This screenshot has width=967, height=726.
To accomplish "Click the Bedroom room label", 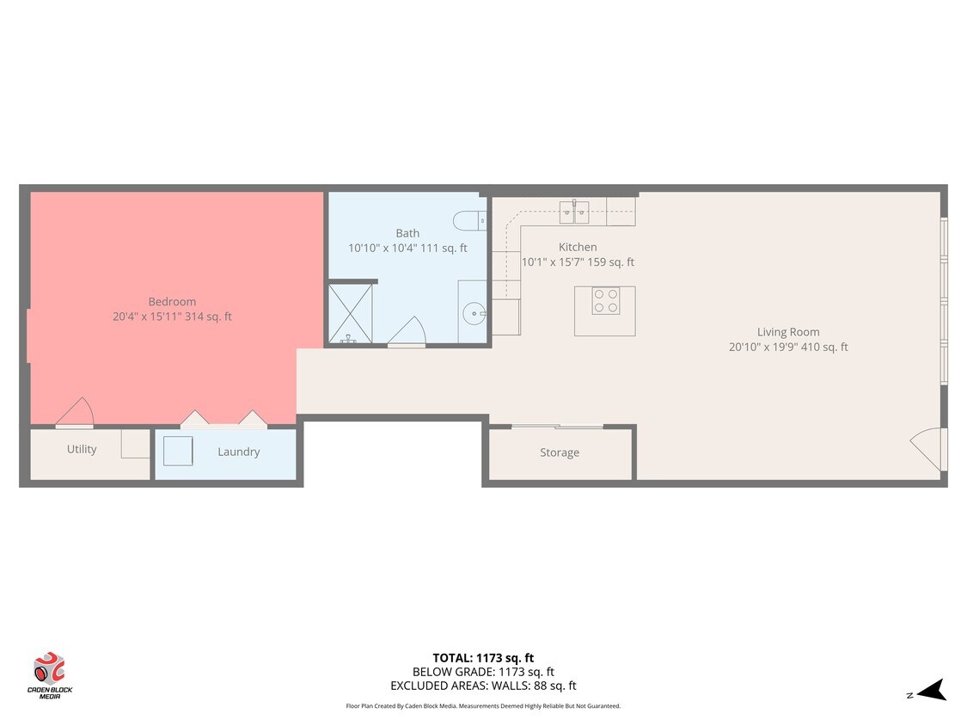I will click(172, 302).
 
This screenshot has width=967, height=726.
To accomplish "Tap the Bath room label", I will click(407, 233).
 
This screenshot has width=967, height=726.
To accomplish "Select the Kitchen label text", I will click(578, 247).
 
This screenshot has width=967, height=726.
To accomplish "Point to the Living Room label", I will click(787, 332).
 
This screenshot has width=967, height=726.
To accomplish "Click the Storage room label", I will click(560, 452).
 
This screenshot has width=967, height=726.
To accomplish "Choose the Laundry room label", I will click(238, 452).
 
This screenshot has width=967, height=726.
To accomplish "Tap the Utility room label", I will click(82, 449).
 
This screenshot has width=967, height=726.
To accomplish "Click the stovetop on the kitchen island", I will click(605, 301).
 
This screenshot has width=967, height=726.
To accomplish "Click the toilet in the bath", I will click(468, 220).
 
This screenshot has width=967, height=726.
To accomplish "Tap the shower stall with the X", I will click(349, 313).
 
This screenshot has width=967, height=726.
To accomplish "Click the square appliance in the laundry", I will click(178, 451).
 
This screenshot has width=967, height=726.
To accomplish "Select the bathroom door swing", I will click(406, 332).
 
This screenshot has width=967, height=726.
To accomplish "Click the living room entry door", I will click(928, 449).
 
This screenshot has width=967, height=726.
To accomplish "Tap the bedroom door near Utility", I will click(75, 413).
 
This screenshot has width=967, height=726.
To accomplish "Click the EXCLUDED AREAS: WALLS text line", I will click(482, 686).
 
